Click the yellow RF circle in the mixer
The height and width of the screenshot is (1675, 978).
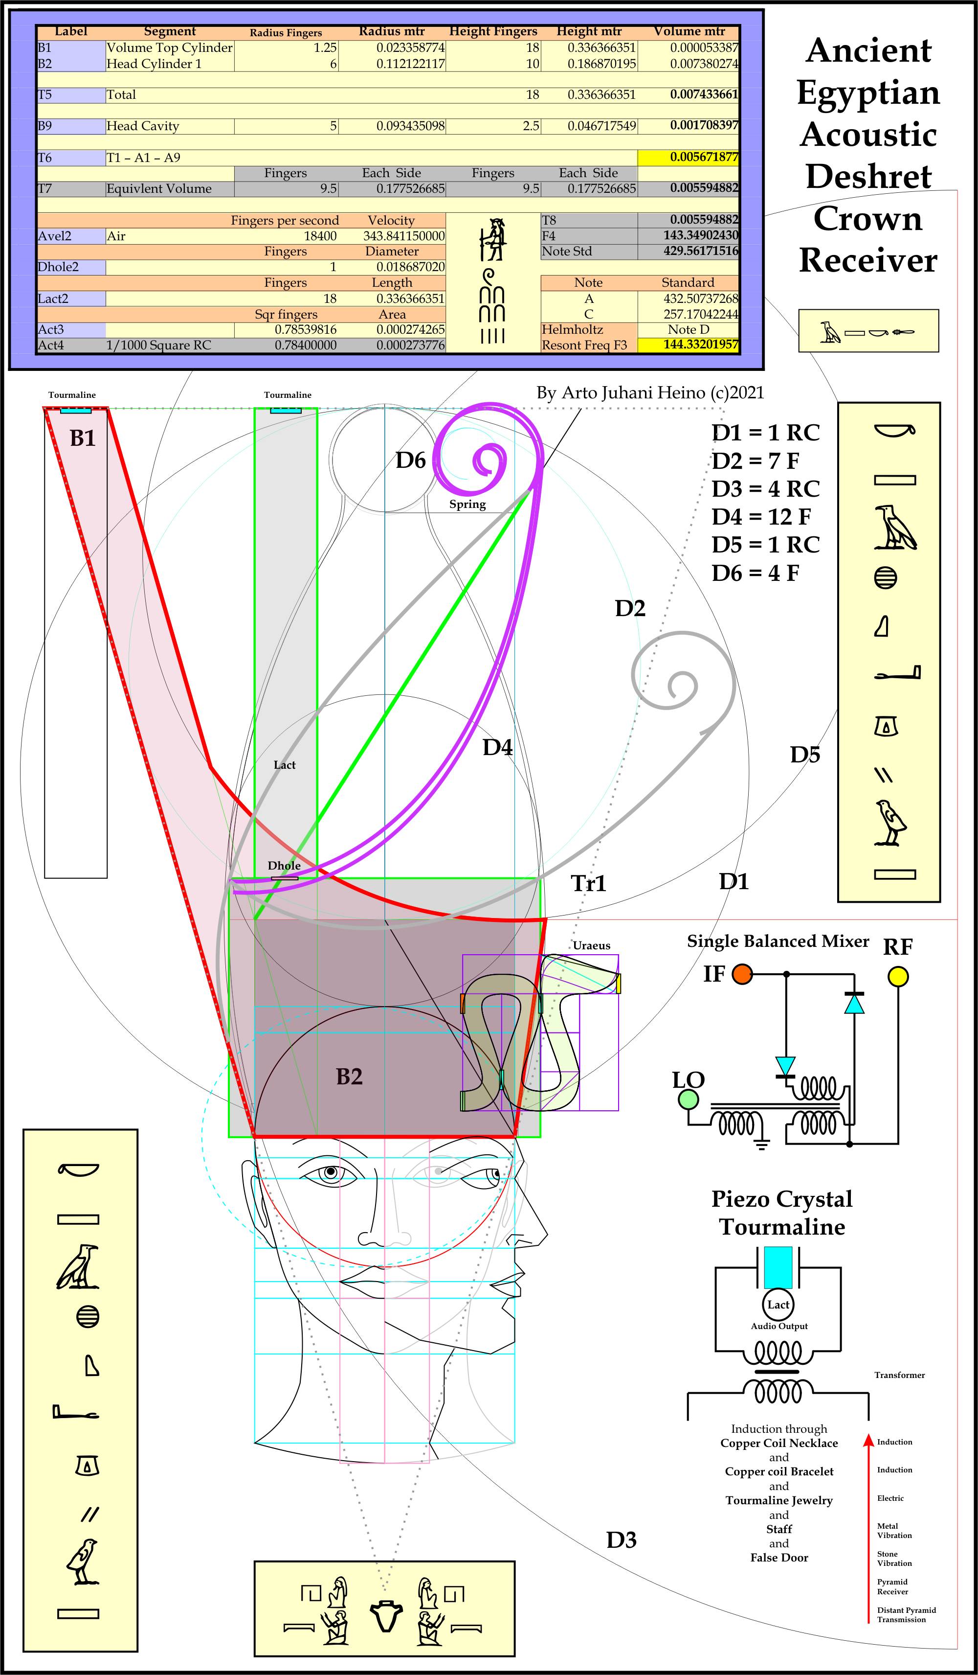pyautogui.click(x=898, y=976)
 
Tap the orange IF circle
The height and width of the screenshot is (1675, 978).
pyautogui.click(x=742, y=974)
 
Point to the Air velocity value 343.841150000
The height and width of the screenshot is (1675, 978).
pyautogui.click(x=404, y=236)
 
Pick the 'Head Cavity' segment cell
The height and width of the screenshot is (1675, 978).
pyautogui.click(x=143, y=126)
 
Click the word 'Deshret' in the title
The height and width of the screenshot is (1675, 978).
pyautogui.click(x=868, y=177)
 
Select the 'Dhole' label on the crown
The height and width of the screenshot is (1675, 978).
pyautogui.click(x=285, y=866)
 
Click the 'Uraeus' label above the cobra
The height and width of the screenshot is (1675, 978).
pyautogui.click(x=591, y=945)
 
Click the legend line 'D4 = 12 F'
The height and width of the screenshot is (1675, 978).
pyautogui.click(x=761, y=516)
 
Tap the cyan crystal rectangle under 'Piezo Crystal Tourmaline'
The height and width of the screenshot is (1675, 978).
pyautogui.click(x=778, y=1267)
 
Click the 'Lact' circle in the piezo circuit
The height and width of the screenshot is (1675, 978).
pyautogui.click(x=778, y=1304)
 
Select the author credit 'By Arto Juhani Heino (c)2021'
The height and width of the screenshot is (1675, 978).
pyautogui.click(x=650, y=393)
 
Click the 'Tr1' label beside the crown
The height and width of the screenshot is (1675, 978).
pyautogui.click(x=589, y=883)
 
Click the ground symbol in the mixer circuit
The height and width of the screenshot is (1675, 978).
pyautogui.click(x=761, y=1145)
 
